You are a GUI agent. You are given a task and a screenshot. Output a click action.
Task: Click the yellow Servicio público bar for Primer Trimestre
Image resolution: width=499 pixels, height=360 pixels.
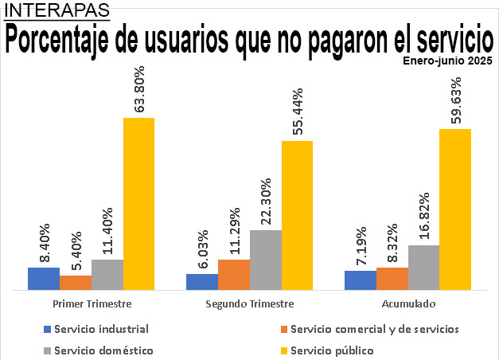coord(138,204)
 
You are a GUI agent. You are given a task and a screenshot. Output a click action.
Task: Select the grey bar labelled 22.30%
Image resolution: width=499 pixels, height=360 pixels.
coord(265,260)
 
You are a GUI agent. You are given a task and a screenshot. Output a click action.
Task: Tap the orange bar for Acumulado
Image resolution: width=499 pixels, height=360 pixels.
coord(392,279)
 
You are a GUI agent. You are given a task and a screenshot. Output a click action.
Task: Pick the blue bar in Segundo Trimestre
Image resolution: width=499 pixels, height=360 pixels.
coord(202,282)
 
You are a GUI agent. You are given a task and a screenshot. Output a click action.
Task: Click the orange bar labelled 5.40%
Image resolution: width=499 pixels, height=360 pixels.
coord(76,283)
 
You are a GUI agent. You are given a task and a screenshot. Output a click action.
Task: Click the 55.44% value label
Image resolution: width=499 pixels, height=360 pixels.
coord(298,112)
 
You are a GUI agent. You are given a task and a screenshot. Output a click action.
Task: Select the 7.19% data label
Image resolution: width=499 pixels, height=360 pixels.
coord(360,245)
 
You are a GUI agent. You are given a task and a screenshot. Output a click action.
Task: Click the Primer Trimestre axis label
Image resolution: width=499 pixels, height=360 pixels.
coord(92,304)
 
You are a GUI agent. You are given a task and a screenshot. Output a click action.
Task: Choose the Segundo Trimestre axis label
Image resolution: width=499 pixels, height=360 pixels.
coord(249,304)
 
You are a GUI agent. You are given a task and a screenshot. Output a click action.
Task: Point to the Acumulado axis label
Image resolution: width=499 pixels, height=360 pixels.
coord(407,304)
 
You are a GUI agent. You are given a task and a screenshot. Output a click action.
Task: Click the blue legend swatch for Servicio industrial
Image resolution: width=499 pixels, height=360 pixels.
coord(46,328)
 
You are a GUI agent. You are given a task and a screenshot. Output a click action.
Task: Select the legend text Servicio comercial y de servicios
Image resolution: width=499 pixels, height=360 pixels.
coord(375,328)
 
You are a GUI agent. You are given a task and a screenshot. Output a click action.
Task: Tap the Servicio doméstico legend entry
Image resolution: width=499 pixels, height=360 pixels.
coord(104,350)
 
